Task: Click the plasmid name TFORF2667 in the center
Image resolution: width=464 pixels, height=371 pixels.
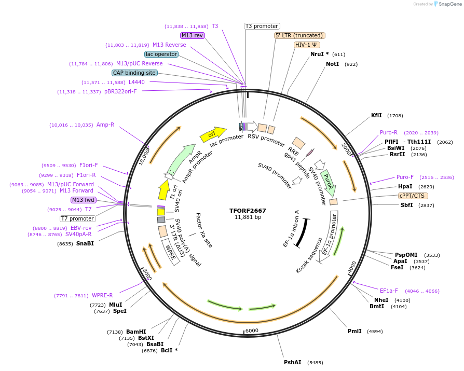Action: [x=248, y=211]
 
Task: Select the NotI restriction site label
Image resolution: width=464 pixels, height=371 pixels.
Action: [x=332, y=64]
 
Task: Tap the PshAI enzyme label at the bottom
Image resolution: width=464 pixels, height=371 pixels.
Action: [x=292, y=362]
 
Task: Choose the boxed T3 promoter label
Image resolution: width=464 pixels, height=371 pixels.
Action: [x=262, y=26]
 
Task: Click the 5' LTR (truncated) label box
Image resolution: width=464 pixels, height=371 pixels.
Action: [x=299, y=35]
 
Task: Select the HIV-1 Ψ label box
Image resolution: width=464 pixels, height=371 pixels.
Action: [x=307, y=45]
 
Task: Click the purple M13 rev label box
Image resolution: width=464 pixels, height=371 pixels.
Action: [x=193, y=35]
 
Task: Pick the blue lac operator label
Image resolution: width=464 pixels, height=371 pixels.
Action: [x=161, y=54]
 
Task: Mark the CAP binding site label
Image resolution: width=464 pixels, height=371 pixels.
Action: [x=134, y=73]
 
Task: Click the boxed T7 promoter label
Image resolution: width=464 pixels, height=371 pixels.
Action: [x=77, y=218]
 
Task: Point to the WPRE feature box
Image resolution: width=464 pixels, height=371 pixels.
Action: [x=171, y=251]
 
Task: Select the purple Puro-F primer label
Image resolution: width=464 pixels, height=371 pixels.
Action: [x=405, y=177]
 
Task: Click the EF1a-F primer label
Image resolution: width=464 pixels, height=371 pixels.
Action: [x=389, y=291]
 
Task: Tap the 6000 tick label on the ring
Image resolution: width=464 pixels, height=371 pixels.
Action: [x=252, y=331]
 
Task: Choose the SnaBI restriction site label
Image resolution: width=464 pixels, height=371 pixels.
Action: [x=85, y=243]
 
